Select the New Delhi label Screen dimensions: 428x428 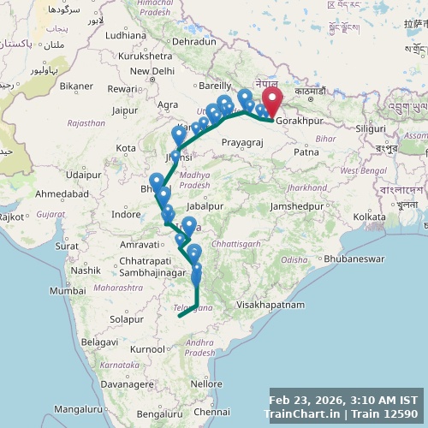152,71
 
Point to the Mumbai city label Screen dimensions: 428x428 68,291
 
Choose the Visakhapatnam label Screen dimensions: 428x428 270,304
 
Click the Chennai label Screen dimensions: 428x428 211,413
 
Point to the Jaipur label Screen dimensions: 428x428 125,110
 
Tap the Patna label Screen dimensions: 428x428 306,152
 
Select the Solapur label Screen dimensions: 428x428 128,318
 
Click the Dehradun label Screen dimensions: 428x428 193,40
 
